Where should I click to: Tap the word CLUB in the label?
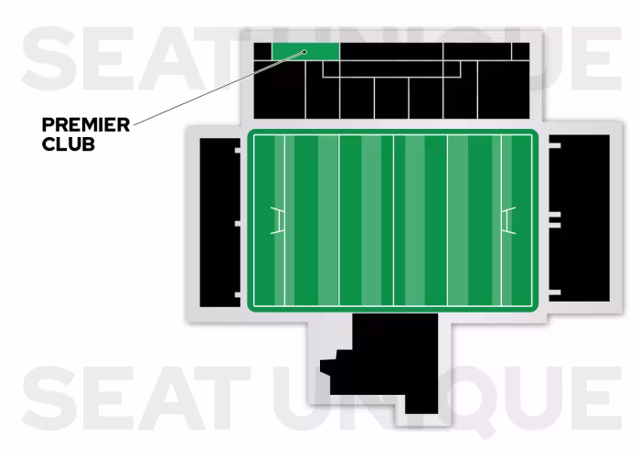(x=69, y=143)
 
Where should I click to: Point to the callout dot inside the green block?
(x=304, y=52)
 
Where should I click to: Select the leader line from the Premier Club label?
(x=219, y=89)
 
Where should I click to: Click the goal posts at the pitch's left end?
(x=278, y=220)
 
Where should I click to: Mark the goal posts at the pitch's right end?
(x=508, y=220)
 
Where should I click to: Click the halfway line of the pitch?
(x=393, y=220)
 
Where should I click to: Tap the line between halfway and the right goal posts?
(x=447, y=220)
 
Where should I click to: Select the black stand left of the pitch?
(x=217, y=220)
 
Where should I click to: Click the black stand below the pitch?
(x=393, y=361)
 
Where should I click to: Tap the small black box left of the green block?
(x=261, y=50)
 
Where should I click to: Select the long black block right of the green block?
(x=391, y=50)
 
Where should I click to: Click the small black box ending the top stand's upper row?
(x=520, y=50)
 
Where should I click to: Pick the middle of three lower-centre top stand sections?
(x=391, y=97)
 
